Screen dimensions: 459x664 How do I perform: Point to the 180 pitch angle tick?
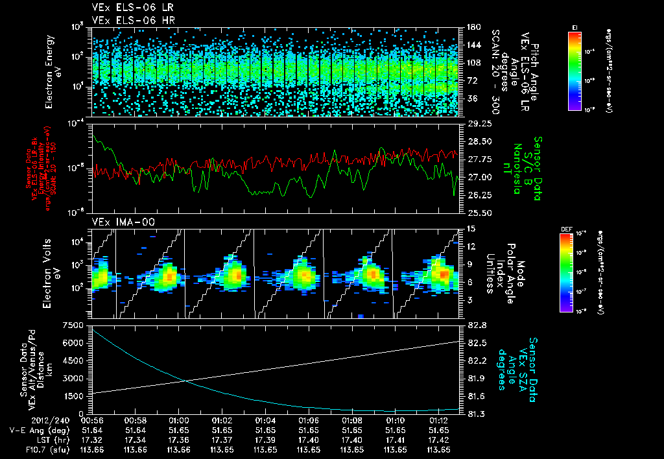coord(473,27)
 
